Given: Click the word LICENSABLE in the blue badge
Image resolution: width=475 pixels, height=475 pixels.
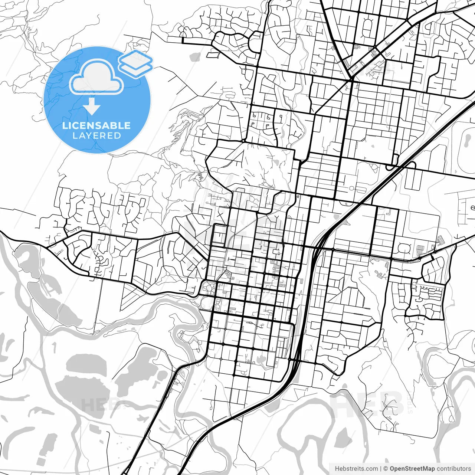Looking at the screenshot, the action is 96,125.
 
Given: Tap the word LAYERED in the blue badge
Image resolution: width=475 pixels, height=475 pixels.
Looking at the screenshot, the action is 96,136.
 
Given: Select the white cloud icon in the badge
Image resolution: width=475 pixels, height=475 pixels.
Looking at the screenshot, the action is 96,77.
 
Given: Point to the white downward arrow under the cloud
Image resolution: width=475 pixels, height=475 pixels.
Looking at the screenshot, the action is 92,106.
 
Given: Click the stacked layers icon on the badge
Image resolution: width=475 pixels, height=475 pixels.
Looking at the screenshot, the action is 136,63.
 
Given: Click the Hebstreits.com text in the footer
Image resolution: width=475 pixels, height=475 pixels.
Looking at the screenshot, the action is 356,469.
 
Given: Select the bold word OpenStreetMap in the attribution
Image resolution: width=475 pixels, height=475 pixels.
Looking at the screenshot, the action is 412,469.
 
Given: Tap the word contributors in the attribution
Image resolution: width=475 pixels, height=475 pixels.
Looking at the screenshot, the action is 453,469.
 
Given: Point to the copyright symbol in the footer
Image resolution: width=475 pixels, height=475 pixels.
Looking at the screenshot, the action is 386,469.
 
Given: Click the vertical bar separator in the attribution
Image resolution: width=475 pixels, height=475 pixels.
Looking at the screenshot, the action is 381,469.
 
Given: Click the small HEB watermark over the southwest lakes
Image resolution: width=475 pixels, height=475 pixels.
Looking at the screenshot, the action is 99,404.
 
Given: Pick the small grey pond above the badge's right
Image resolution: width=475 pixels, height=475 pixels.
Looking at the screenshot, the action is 195,57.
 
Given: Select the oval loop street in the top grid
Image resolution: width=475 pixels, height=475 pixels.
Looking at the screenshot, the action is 367,28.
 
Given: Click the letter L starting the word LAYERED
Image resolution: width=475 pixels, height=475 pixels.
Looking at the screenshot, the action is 75,136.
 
